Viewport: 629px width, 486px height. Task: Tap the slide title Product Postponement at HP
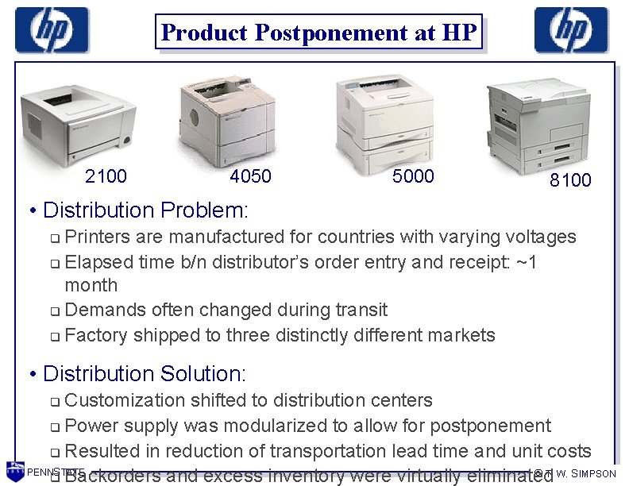pos(318,33)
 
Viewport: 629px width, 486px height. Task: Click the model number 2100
pos(106,176)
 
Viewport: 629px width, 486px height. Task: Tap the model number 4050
pos(250,176)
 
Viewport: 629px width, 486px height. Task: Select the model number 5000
pos(413,176)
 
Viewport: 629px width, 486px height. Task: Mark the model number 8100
pos(570,180)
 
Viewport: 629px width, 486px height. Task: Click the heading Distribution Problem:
pos(146,210)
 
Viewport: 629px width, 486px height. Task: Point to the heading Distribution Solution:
pos(145,373)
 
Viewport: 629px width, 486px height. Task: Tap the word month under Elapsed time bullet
pos(91,285)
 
